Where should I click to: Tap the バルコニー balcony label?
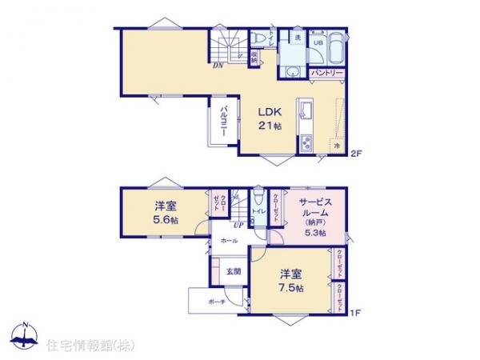226,121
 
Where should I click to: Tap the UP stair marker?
238,226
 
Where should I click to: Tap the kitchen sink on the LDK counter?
305,110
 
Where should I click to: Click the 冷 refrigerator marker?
337,146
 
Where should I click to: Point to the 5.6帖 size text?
166,219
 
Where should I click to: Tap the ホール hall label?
229,240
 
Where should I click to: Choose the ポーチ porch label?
215,302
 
